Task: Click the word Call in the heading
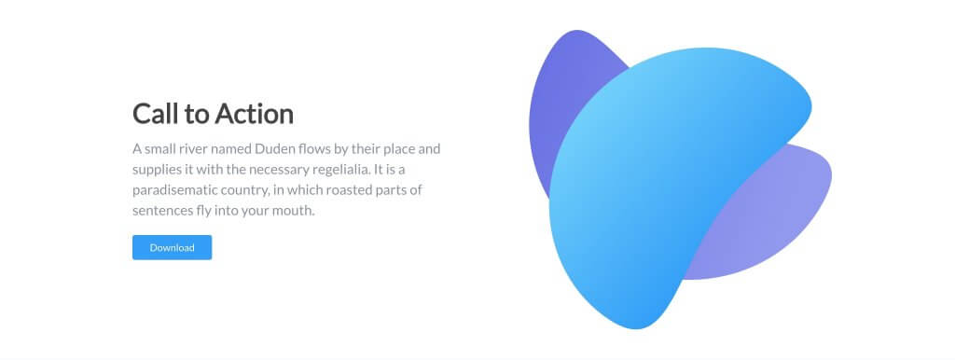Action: [153, 114]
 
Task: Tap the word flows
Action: [322, 149]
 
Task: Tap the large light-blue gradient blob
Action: [653, 187]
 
